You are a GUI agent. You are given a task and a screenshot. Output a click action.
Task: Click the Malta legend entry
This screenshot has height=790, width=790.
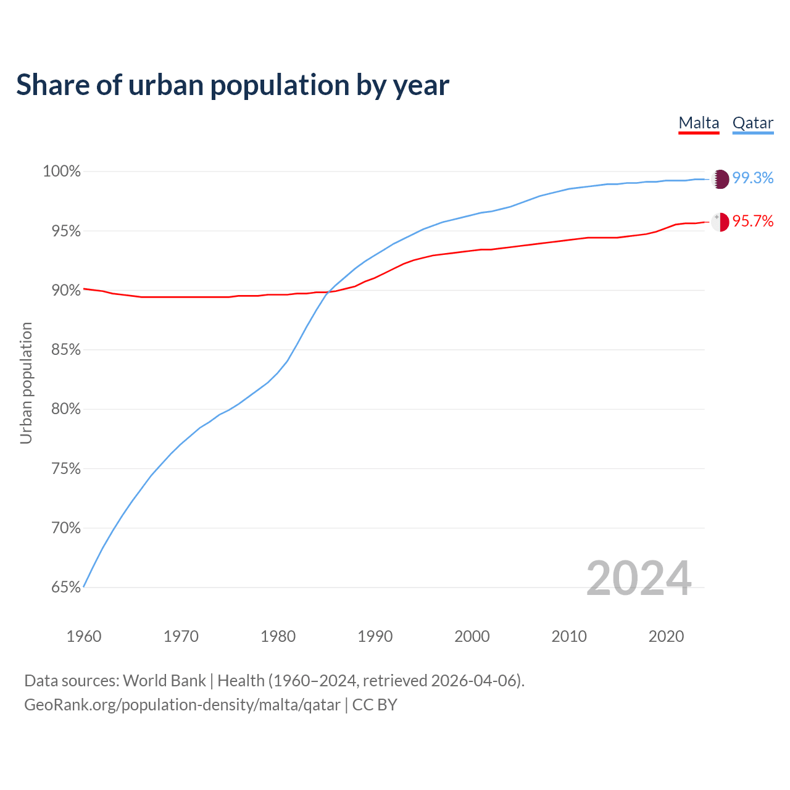click(x=699, y=123)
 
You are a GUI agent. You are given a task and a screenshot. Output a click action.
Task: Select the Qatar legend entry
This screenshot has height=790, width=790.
click(x=752, y=123)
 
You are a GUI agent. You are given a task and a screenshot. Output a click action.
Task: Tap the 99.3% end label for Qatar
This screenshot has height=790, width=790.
click(x=753, y=178)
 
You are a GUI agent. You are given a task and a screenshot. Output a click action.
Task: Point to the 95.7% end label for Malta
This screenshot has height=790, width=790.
click(x=753, y=222)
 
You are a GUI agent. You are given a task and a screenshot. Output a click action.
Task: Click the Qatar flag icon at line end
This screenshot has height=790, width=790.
click(x=720, y=179)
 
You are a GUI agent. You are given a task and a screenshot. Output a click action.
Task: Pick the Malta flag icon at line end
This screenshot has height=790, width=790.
click(x=720, y=222)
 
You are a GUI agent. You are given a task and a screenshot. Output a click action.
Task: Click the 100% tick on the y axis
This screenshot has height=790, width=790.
click(x=62, y=172)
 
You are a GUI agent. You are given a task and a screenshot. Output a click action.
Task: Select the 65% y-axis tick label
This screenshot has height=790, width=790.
click(x=66, y=588)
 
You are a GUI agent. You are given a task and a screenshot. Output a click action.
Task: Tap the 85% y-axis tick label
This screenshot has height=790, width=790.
click(x=66, y=350)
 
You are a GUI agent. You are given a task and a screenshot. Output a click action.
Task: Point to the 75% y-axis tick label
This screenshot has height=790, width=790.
click(x=66, y=469)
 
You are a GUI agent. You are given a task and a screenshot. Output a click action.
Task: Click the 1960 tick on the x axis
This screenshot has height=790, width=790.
click(x=84, y=636)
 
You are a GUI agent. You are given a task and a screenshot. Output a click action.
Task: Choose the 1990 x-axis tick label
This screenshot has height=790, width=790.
click(x=375, y=636)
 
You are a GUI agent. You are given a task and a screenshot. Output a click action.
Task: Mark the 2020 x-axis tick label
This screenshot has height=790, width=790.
click(x=666, y=636)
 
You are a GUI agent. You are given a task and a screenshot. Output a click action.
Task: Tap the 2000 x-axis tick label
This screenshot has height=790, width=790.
click(x=472, y=636)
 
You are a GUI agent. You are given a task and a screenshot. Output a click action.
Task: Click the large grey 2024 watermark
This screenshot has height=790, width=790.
click(x=639, y=578)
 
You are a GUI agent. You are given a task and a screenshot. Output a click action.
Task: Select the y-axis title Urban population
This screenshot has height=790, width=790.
click(x=26, y=383)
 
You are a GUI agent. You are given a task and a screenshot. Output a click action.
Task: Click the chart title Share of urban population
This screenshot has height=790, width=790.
click(x=233, y=85)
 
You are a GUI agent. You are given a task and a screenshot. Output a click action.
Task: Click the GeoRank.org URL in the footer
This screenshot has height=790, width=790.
click(x=182, y=705)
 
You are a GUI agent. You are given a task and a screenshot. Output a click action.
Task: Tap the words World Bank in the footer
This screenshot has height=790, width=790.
click(x=164, y=681)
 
